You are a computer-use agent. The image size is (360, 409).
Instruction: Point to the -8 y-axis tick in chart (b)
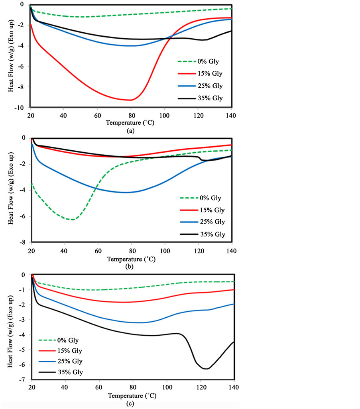coord(24,242)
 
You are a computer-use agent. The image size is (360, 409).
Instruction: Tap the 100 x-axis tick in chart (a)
coord(164,116)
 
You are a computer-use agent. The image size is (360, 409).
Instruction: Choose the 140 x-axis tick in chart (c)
coord(234,387)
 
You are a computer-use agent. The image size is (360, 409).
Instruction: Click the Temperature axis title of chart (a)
coord(130,123)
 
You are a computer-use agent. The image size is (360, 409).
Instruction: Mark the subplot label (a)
coord(130,131)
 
